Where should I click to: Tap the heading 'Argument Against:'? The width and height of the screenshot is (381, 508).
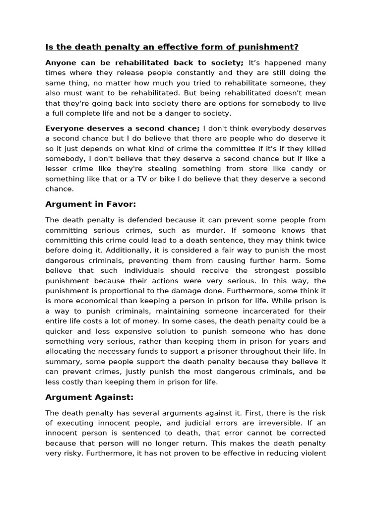(x=89, y=397)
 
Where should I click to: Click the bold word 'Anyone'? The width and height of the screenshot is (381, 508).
(x=61, y=63)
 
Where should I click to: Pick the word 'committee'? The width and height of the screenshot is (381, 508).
(x=208, y=148)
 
